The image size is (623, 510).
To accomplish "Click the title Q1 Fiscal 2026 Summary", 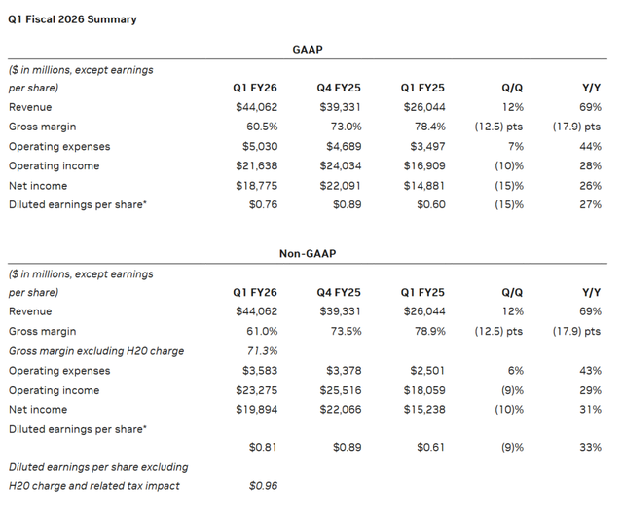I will click(x=72, y=19).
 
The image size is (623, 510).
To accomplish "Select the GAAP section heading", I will click(x=308, y=48).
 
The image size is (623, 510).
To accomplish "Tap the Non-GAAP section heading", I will click(x=308, y=253).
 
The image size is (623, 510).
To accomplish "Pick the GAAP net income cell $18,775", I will click(x=256, y=185).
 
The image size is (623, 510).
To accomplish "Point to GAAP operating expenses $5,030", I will click(x=258, y=146).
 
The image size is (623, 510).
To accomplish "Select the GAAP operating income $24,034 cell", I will click(x=340, y=165).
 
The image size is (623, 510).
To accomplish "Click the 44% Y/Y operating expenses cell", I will click(x=589, y=146).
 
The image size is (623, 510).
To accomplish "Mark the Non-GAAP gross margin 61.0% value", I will click(x=260, y=331).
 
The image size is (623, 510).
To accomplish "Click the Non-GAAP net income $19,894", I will click(x=256, y=409).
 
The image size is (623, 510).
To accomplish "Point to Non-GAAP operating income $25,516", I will click(x=340, y=389).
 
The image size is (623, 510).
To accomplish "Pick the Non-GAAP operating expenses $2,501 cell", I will click(x=425, y=370).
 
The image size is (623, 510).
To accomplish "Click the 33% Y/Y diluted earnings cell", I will click(x=589, y=449).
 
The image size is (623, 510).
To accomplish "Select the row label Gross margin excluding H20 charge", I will click(x=95, y=350).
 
